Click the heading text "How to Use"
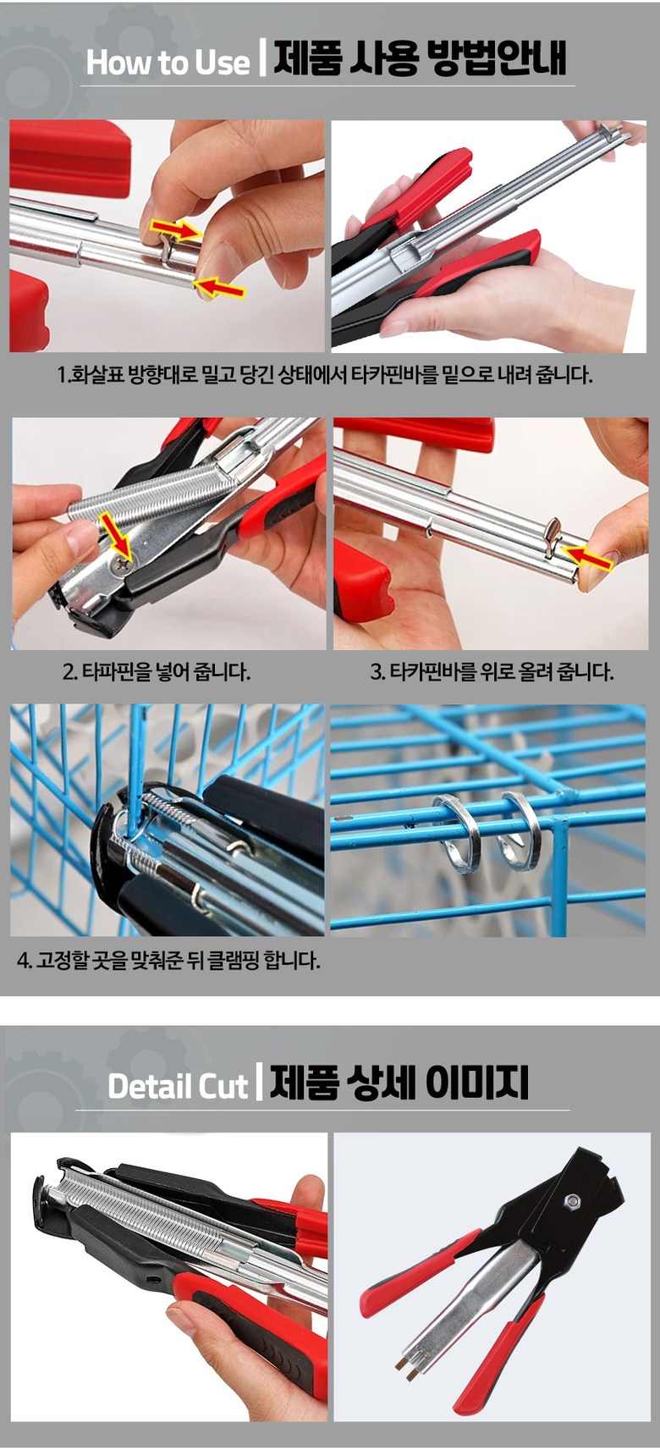168,62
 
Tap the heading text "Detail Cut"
178,1085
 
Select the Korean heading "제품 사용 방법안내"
420,59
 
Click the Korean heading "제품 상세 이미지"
399,1083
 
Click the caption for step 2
156,671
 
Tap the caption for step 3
492,671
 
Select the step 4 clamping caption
169,959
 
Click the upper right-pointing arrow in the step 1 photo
176,228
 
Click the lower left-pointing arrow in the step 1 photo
220,288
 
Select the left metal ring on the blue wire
457,833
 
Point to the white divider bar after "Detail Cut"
259,1082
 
